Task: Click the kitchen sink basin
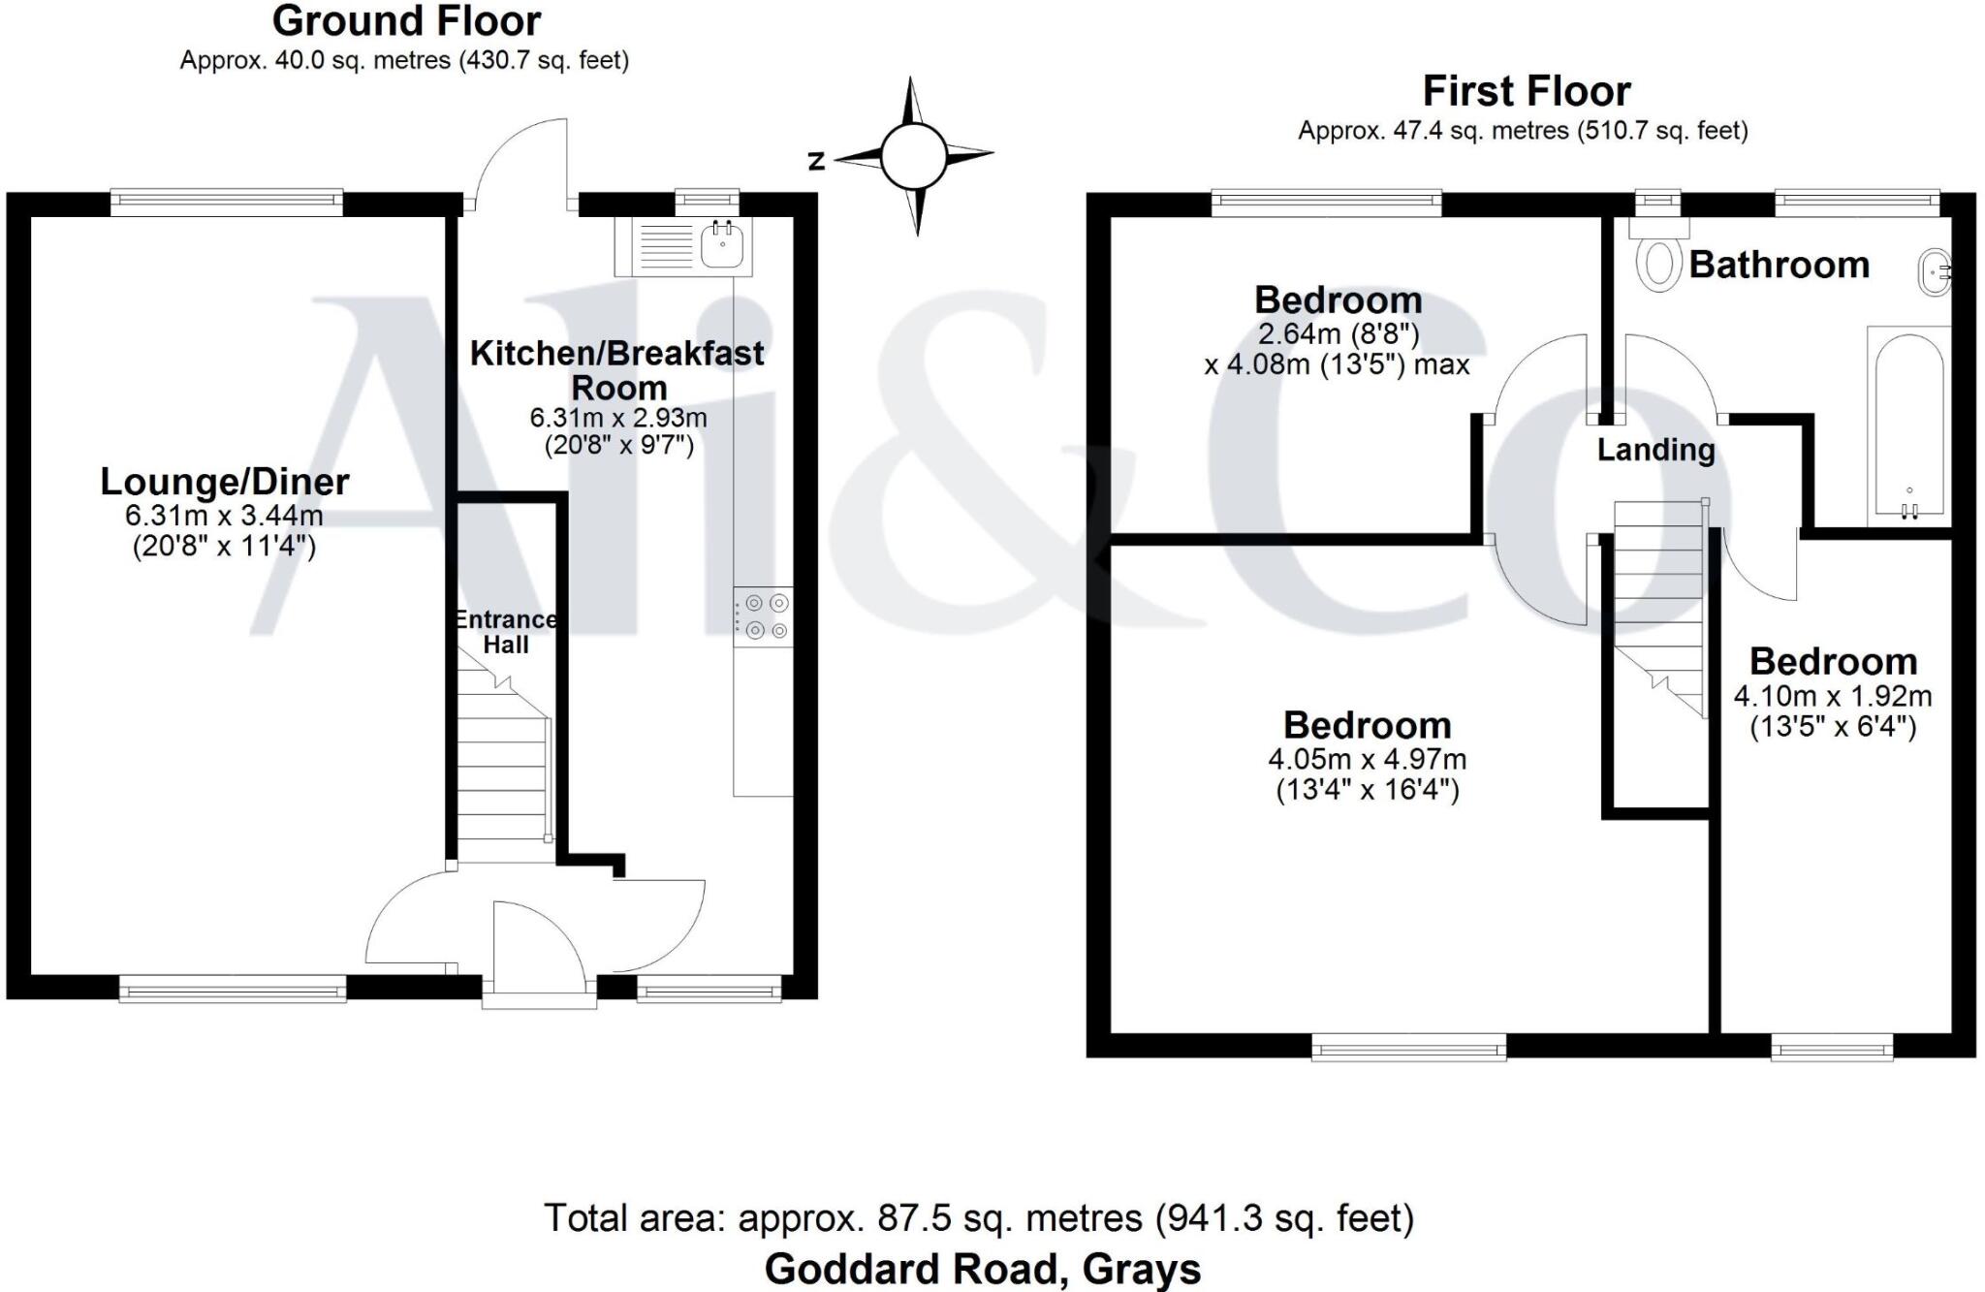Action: coord(722,245)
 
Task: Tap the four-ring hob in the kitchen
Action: coord(764,617)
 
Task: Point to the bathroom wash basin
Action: coord(1934,272)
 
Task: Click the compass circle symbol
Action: coord(912,156)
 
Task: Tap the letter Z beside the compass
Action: coord(816,161)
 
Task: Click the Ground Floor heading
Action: coord(406,21)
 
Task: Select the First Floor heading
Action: coord(1526,91)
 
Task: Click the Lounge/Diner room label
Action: coord(225,482)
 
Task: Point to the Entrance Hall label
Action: coord(506,632)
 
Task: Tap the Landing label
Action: coord(1655,450)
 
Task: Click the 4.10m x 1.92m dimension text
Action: coord(1832,696)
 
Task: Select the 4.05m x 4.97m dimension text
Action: coord(1367,759)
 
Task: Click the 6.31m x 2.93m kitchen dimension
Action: coord(617,418)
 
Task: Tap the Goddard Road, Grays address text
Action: coord(982,1269)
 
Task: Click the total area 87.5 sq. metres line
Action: coord(979,1217)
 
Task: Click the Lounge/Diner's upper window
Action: coord(227,202)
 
